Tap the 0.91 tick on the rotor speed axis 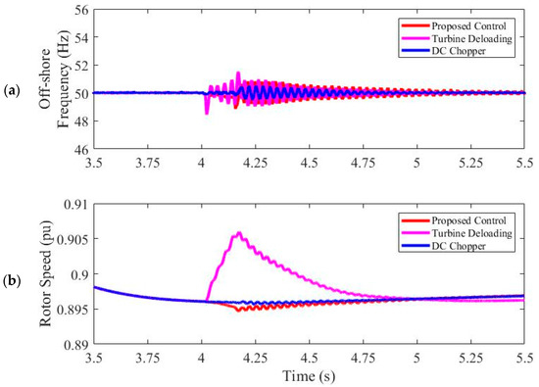(x=73, y=204)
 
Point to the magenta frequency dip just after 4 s (x=206, y=113)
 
